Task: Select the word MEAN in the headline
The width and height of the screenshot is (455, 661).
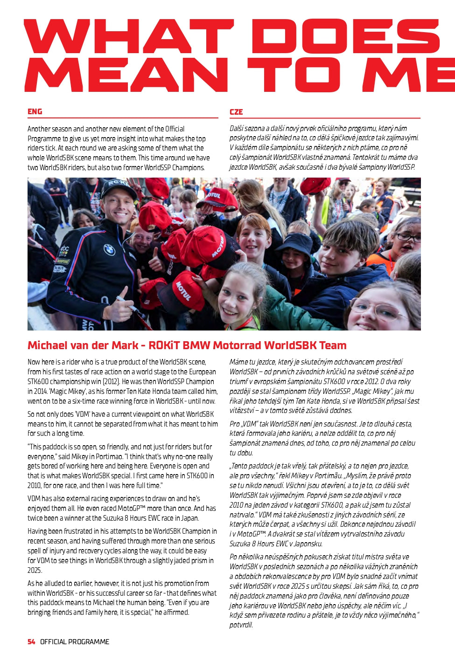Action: (126, 75)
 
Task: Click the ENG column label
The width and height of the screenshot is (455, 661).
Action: (35, 112)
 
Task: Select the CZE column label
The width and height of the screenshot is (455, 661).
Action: (236, 112)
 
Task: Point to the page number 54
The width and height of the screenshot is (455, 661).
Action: (31, 642)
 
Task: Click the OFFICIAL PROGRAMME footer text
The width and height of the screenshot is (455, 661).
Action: (75, 642)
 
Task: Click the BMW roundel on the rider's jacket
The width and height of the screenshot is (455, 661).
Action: (109, 250)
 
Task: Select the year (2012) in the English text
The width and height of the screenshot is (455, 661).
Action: (114, 382)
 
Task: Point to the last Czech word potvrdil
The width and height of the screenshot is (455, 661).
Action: (241, 625)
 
